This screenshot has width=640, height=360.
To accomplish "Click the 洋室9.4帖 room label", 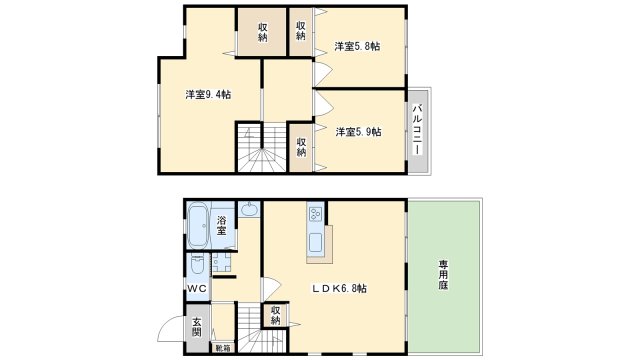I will click(x=208, y=95).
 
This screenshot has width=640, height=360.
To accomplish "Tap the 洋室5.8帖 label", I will click(x=356, y=46).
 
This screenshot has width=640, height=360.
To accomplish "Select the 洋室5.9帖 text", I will click(x=357, y=131).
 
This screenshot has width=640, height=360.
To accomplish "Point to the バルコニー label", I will click(x=418, y=129).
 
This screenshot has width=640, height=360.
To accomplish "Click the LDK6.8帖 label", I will click(x=336, y=289).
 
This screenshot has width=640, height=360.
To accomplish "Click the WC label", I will click(x=196, y=289).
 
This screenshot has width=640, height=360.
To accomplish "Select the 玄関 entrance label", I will click(x=197, y=327).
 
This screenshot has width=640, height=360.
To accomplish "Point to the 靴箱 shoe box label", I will click(x=222, y=348).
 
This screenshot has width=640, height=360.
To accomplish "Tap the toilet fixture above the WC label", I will click(x=196, y=266).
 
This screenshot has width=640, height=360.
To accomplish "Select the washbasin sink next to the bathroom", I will click(x=250, y=211).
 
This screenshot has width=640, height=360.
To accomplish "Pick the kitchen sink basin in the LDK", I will click(x=315, y=241).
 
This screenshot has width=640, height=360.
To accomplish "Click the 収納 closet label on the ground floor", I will click(x=276, y=317).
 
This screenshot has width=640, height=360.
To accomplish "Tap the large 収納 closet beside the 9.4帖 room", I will click(x=262, y=31).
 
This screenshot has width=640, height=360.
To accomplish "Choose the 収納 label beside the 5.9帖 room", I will click(x=301, y=146).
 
